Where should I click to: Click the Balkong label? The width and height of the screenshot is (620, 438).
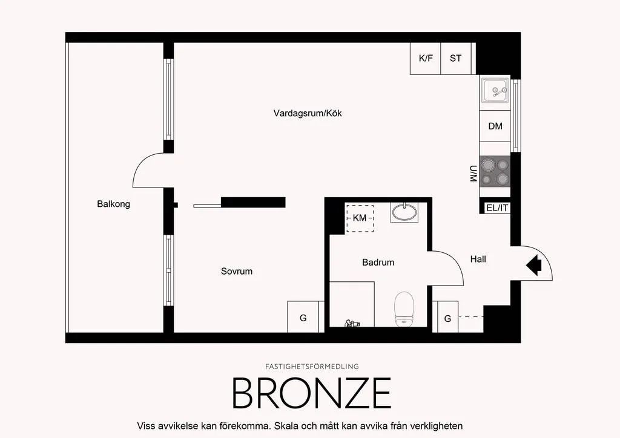pyautogui.click(x=113, y=204)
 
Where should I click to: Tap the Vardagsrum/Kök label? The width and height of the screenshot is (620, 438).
pyautogui.click(x=308, y=113)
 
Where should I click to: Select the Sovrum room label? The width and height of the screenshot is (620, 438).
pyautogui.click(x=237, y=272)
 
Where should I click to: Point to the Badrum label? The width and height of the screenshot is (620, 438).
pyautogui.click(x=378, y=262)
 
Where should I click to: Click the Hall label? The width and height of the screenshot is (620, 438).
pyautogui.click(x=478, y=259)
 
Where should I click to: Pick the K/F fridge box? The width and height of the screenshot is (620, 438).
pyautogui.click(x=426, y=59)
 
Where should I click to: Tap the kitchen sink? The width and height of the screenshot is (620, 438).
pyautogui.click(x=495, y=91)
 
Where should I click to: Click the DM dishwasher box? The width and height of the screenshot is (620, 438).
pyautogui.click(x=495, y=126)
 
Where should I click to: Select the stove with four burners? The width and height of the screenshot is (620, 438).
pyautogui.click(x=495, y=171)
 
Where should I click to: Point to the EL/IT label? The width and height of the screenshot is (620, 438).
pyautogui.click(x=498, y=208)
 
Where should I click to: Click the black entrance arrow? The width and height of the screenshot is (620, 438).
pyautogui.click(x=534, y=264)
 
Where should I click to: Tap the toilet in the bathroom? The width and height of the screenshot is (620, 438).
pyautogui.click(x=404, y=309)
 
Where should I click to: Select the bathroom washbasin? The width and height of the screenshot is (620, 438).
pyautogui.click(x=404, y=212)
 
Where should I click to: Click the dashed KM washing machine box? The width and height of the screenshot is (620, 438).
pyautogui.click(x=360, y=218)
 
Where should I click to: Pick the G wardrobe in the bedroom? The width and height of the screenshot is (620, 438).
pyautogui.click(x=303, y=317)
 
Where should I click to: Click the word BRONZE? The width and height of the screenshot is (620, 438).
pyautogui.click(x=312, y=393)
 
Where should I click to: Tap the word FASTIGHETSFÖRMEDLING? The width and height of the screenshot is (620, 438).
pyautogui.click(x=312, y=367)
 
